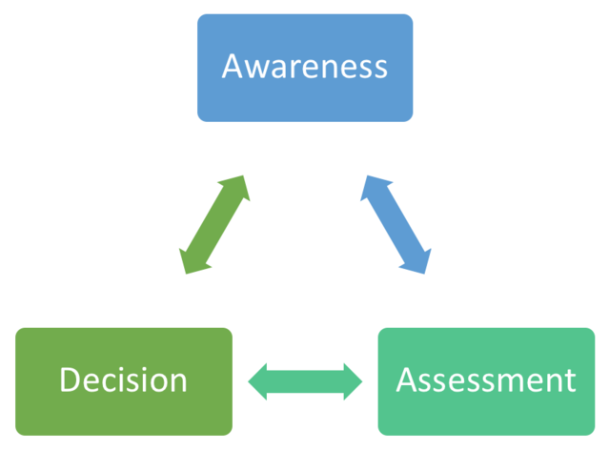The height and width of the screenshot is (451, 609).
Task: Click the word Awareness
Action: click(305, 67)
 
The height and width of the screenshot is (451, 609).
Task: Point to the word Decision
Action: click(124, 380)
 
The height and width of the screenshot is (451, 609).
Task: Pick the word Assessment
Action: click(486, 380)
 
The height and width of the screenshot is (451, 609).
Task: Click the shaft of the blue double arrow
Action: click(396, 225)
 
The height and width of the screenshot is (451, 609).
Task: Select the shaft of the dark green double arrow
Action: click(214, 225)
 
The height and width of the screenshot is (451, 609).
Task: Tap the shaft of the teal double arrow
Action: click(305, 382)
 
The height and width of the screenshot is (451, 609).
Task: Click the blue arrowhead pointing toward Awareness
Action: click(372, 187)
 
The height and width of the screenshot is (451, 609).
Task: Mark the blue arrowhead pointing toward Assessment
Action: click(419, 262)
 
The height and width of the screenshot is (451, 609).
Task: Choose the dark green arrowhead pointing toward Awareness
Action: click(238, 187)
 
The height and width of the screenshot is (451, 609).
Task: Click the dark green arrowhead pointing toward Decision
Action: click(192, 262)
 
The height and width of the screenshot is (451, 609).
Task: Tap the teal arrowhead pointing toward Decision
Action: click(259, 382)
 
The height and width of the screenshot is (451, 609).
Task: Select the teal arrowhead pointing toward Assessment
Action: click(352, 382)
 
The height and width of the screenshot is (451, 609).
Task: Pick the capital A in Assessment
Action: click(408, 380)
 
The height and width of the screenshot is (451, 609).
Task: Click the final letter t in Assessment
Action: click(570, 381)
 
